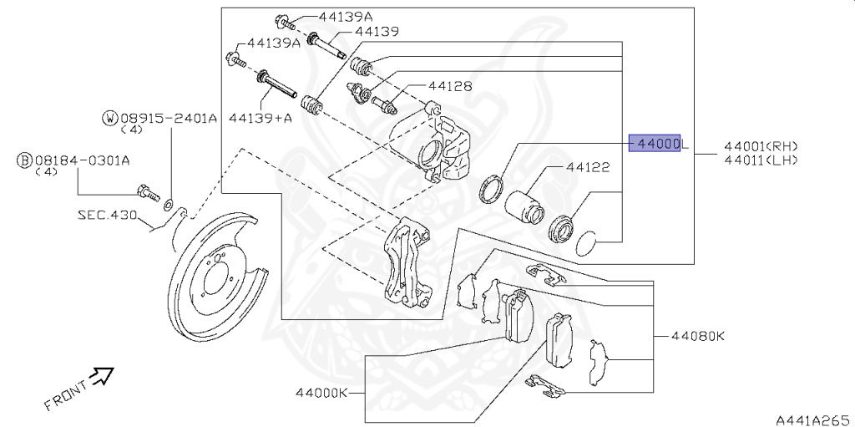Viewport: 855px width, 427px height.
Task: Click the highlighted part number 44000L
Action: point(656,145)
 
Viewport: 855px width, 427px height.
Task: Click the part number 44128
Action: point(450,86)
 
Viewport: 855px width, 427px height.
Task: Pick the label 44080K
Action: point(698,337)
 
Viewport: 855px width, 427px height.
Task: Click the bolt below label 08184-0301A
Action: point(150,193)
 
